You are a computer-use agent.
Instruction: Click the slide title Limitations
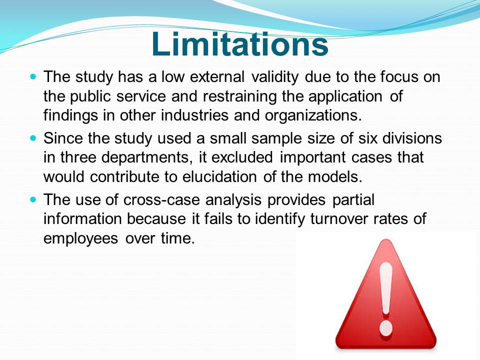coord(240,44)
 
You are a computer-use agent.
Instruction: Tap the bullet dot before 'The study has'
coord(33,76)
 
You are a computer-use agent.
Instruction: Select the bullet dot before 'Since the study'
coord(33,138)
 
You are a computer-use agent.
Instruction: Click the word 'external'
coord(217,76)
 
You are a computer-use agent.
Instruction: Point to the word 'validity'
coord(274,77)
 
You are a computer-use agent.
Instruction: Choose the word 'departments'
coord(144,158)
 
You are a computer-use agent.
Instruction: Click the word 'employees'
coord(80,239)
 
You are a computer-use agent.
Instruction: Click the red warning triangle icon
coord(385,294)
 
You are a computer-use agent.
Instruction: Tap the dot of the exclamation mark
coord(386,328)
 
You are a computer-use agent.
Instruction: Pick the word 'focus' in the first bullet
coord(399,76)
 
